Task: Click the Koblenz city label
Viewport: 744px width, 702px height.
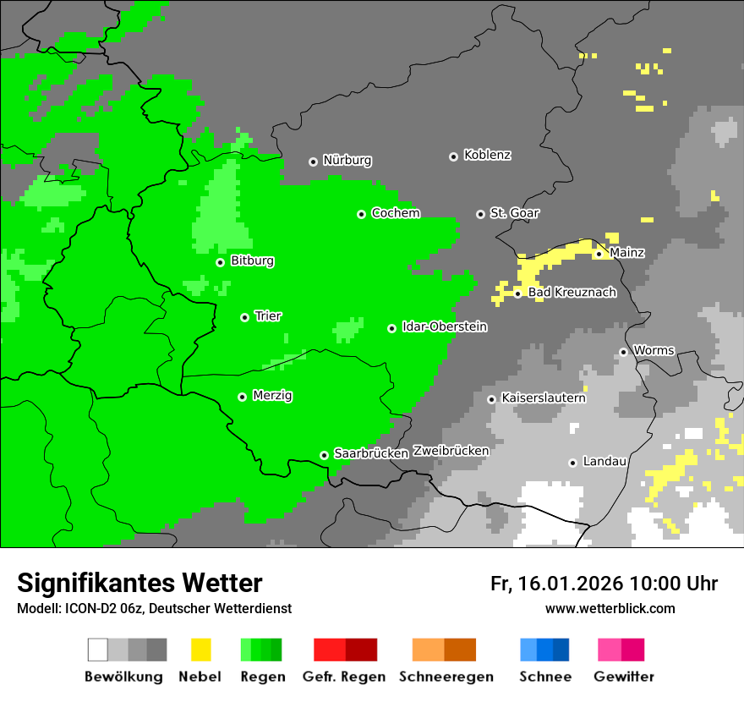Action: tap(487, 156)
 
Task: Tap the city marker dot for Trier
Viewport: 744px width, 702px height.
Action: tap(244, 317)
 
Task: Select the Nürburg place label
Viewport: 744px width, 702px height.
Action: tap(347, 161)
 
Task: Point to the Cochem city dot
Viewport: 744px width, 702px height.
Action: tap(361, 214)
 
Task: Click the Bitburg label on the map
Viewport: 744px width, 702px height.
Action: tap(252, 261)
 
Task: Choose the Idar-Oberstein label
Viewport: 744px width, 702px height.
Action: tap(445, 327)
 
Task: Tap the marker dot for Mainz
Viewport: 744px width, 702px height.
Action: tap(599, 254)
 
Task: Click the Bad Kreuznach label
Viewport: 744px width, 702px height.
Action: tap(572, 293)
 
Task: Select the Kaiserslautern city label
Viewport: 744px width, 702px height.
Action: tap(543, 398)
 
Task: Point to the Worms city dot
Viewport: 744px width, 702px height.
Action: tap(623, 352)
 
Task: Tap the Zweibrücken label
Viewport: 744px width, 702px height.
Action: tap(451, 451)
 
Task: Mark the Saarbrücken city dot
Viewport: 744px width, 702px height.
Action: tap(324, 455)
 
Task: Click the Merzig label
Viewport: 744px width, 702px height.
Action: tap(272, 396)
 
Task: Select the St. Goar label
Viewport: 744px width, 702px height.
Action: tap(514, 213)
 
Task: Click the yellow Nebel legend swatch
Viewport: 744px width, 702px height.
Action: tap(200, 650)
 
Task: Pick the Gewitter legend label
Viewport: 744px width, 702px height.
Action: tap(623, 677)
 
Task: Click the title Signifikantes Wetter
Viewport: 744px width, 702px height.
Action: tap(139, 584)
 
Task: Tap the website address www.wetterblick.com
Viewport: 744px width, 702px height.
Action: tap(610, 609)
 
